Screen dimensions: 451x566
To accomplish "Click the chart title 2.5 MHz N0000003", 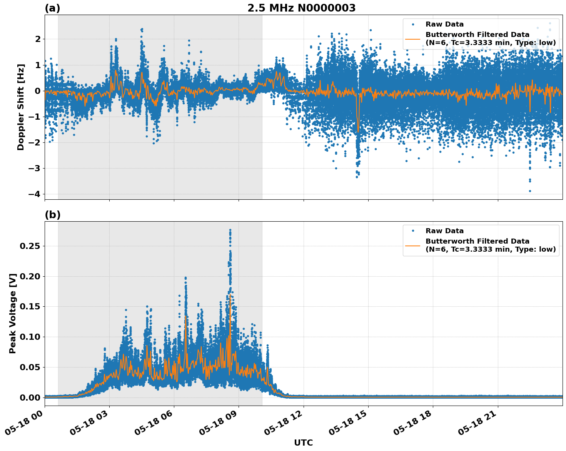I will coord(301,8).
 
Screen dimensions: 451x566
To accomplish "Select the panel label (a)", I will coord(52,8).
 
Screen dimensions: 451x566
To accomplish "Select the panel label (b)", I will coord(52,215).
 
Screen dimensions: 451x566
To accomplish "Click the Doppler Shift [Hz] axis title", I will coord(21,107).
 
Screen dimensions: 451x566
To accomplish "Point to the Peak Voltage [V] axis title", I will coord(13,314).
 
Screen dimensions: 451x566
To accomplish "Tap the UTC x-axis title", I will coord(303,443).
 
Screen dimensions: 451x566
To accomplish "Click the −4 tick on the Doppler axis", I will coord(34,194).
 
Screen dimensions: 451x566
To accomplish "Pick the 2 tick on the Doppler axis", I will coord(38,39).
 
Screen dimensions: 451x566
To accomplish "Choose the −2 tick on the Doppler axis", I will coord(34,142).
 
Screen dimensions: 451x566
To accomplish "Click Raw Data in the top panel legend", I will coord(444,24).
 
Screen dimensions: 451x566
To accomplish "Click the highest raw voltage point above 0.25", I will coord(230,230).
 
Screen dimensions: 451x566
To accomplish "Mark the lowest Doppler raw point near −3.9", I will coord(530,191).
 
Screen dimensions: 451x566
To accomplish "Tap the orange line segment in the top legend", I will coord(412,39).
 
